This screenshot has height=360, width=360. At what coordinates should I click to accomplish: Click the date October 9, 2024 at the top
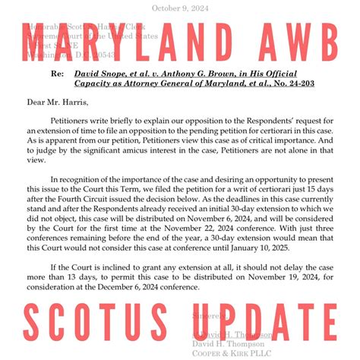coord(179,8)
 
